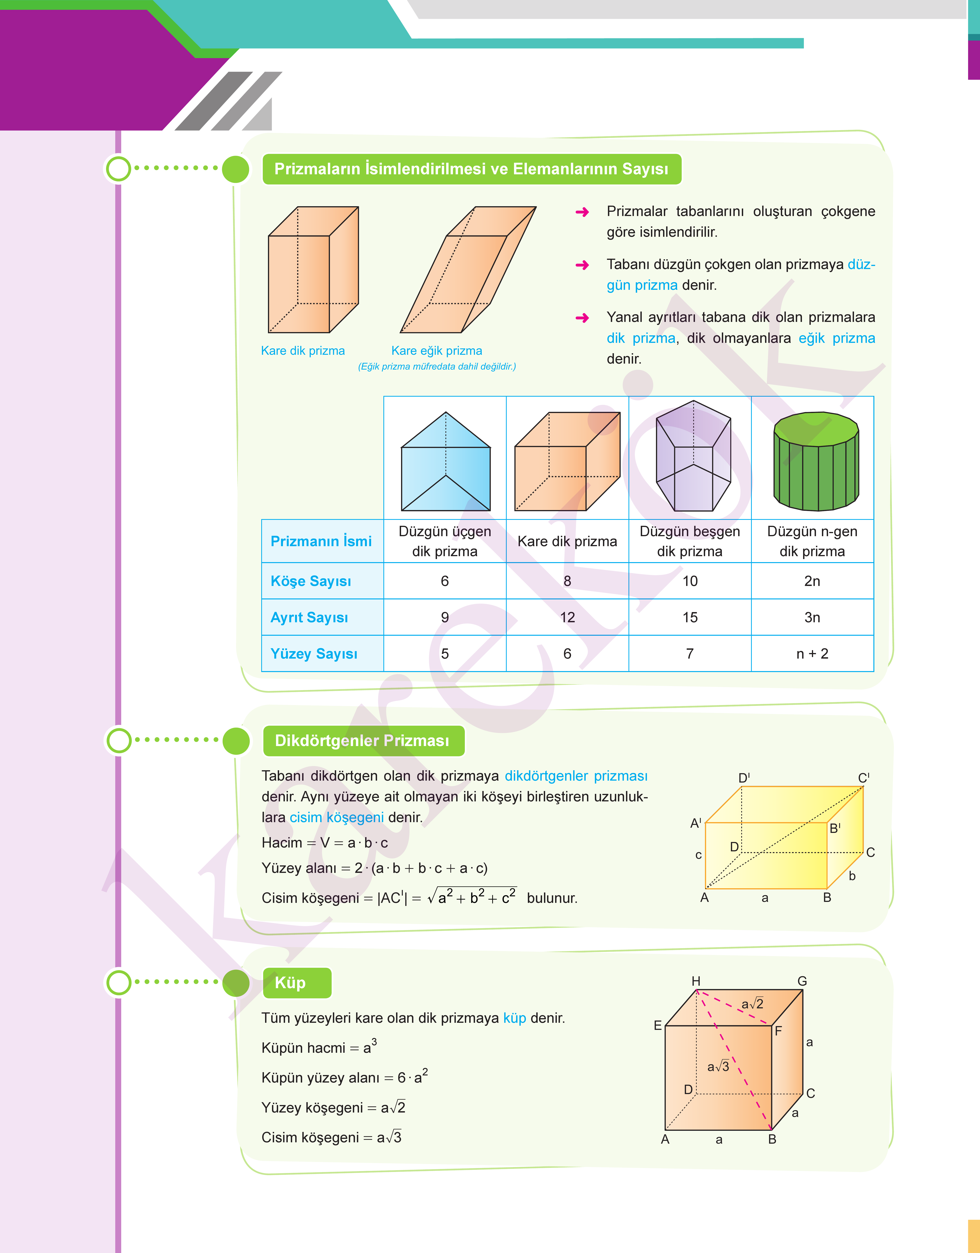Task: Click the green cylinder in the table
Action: [x=816, y=461]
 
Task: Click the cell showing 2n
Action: [x=812, y=581]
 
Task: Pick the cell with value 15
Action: [x=690, y=617]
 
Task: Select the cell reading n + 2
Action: [x=812, y=654]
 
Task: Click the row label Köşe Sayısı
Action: [x=310, y=581]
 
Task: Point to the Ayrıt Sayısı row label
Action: [x=309, y=617]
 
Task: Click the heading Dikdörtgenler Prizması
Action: [x=362, y=740]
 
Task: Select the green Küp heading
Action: [x=290, y=983]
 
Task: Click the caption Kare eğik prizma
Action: [x=437, y=351]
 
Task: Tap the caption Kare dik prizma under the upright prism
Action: [x=303, y=351]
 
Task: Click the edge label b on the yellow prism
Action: [x=852, y=876]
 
